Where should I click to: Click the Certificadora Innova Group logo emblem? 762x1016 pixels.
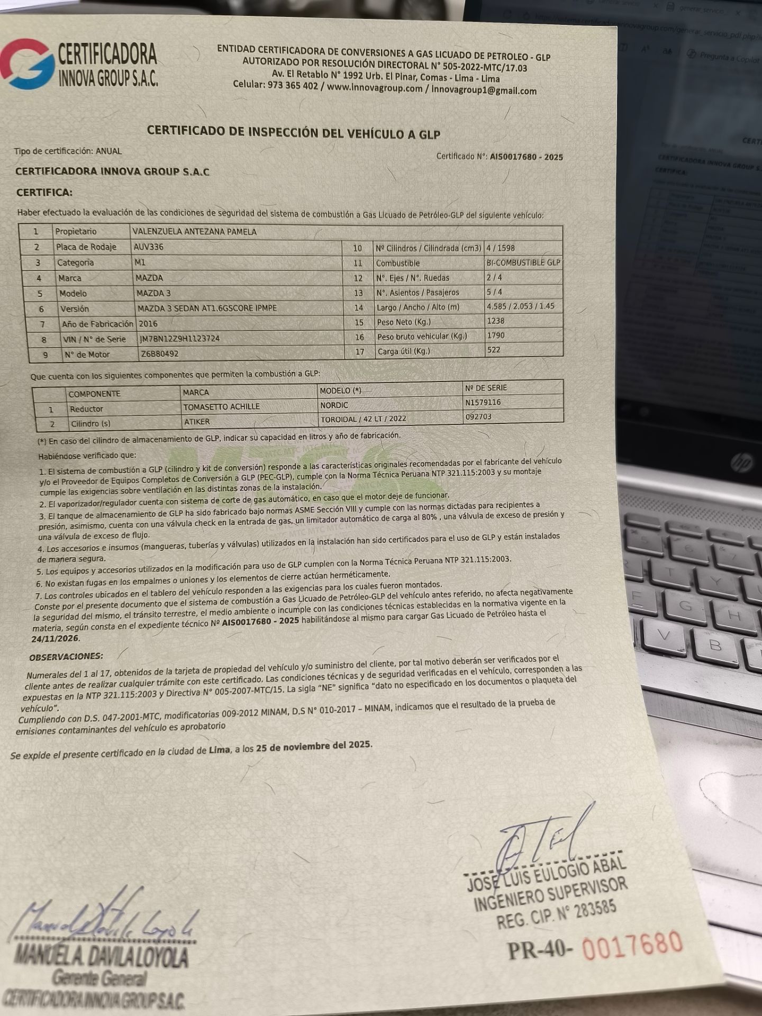[28, 65]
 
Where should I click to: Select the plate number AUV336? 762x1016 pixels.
[149, 247]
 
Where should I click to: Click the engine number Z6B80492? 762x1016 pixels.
[159, 354]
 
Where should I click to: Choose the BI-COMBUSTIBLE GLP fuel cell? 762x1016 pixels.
[523, 262]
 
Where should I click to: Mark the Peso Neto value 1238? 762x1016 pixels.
[495, 321]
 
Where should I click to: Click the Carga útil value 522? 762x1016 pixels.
[494, 350]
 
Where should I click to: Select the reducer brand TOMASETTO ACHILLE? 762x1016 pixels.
[221, 407]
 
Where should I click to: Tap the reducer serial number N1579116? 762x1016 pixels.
[483, 402]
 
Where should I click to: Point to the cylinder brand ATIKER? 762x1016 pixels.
[197, 422]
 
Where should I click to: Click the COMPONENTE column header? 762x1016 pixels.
[94, 394]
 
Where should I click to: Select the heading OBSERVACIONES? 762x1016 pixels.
[66, 656]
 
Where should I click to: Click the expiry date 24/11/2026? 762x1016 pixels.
[55, 638]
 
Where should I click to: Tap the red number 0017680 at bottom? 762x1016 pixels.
[632, 945]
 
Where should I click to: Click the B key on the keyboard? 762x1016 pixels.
[715, 645]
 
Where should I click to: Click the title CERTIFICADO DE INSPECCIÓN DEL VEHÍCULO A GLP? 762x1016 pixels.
[293, 132]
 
